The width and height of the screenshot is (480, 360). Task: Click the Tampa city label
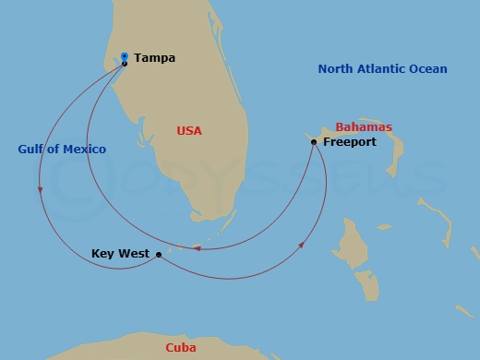pos(154,58)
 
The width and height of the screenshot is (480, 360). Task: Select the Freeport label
pos(349,143)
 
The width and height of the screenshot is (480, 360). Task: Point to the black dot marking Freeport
pos(314,142)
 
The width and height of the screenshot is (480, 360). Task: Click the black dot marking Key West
pos(159,254)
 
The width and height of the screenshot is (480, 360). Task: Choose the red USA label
pos(189,131)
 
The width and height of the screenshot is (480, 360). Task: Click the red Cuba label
pos(180,348)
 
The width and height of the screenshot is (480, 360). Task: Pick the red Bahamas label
pos(364,127)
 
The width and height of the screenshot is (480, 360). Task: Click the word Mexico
pos(85,150)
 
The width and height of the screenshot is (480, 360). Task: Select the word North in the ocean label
pos(337,69)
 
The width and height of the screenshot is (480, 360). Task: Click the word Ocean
pos(429,69)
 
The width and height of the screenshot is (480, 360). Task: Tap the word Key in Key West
pos(103,254)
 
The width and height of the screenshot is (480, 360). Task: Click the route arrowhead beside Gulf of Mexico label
pos(41,191)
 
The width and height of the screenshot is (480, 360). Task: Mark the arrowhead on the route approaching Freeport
pos(303,246)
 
